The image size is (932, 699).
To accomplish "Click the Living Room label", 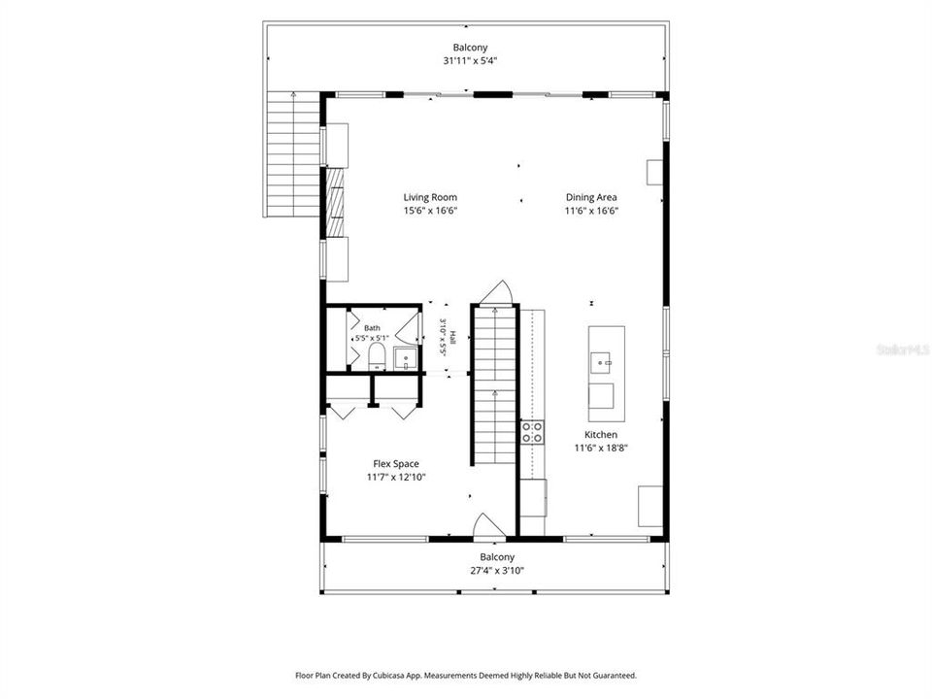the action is tap(430, 197).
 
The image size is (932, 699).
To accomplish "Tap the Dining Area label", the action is tap(591, 197).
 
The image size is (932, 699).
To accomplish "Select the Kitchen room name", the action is tap(601, 435).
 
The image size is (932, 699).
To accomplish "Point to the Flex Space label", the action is tap(396, 464).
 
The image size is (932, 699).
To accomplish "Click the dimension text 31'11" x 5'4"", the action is tap(470, 60).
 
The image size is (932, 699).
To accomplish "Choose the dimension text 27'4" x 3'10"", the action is tap(497, 571).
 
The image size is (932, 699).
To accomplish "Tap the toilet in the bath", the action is tap(377, 356).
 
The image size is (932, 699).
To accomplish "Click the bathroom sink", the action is tap(406, 358).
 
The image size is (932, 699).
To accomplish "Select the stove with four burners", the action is tap(532, 432).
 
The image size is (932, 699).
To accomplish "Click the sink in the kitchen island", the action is tap(601, 362).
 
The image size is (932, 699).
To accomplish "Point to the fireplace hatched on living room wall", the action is tap(335, 202).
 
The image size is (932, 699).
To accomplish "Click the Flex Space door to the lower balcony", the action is tap(488, 525).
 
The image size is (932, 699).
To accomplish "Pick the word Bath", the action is tap(372, 328).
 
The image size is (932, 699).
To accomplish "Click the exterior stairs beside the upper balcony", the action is tap(293, 154).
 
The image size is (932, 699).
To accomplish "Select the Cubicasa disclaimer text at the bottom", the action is tap(466, 676).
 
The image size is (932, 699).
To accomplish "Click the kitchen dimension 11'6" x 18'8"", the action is tap(601, 449).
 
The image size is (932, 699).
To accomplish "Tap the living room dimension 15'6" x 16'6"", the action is tap(430, 211).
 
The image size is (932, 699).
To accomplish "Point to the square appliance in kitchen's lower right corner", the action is tap(650, 506).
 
